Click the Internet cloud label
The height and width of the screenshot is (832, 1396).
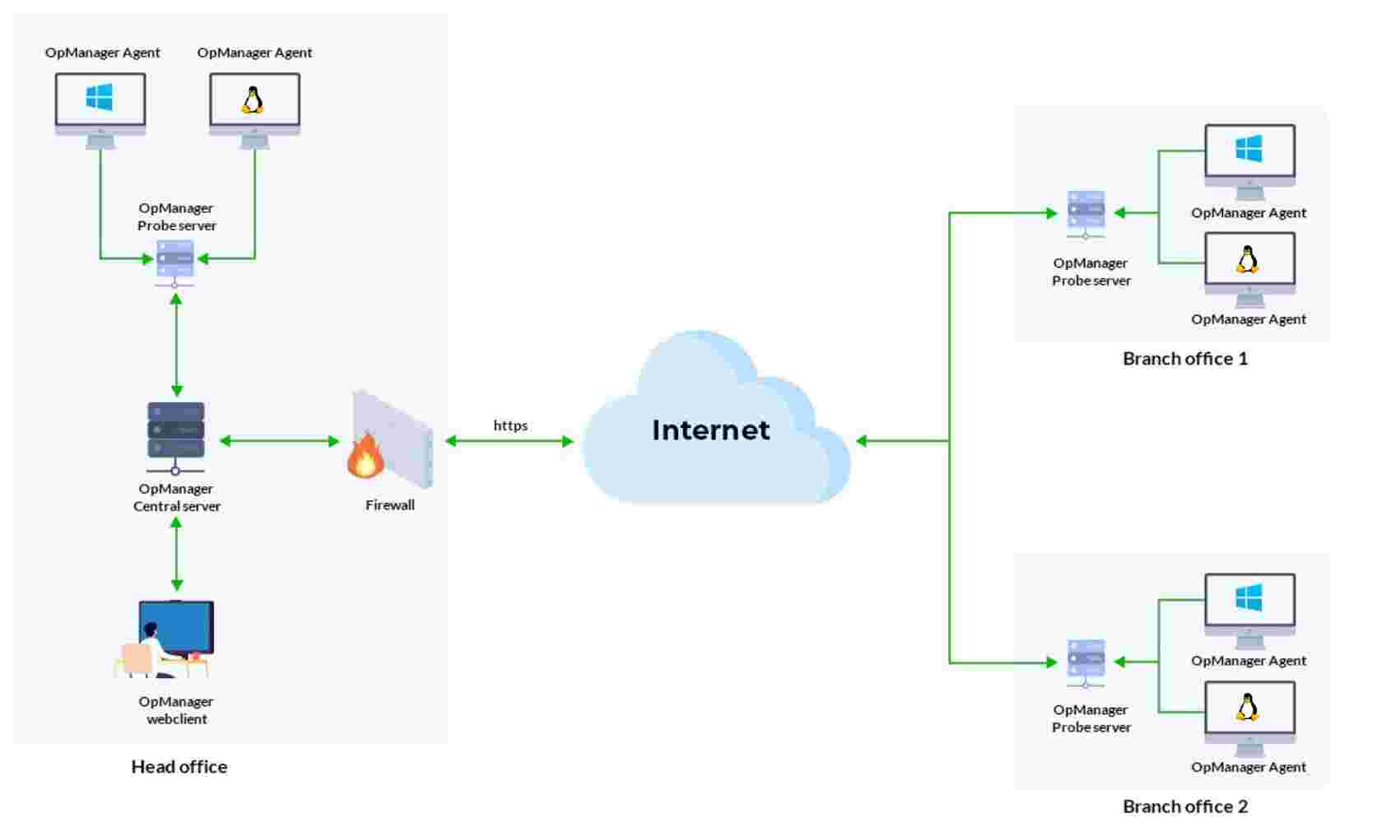[x=710, y=430]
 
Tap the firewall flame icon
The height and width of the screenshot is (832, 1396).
[x=365, y=457]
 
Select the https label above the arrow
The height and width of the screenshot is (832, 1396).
[x=510, y=425]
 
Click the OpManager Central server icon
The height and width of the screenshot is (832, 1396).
[x=175, y=432]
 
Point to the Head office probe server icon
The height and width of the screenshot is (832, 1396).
[x=174, y=261]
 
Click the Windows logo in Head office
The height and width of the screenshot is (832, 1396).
[x=100, y=98]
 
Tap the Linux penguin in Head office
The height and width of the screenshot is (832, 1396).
[x=253, y=100]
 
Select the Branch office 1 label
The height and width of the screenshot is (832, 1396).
[x=1184, y=359]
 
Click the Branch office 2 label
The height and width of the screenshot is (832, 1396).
[x=1184, y=806]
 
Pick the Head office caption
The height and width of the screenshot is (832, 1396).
[x=179, y=767]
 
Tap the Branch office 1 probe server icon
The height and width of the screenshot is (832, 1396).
[x=1086, y=212]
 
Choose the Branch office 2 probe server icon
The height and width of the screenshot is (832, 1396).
[x=1086, y=662]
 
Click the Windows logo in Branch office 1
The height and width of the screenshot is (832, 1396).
[x=1249, y=149]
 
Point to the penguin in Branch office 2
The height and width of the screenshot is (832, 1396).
[x=1248, y=707]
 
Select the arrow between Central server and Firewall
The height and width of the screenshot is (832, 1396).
[x=280, y=441]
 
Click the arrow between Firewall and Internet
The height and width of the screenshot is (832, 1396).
[x=510, y=441]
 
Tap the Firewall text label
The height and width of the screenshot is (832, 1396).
[x=389, y=505]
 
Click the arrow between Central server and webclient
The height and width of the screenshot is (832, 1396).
[x=176, y=555]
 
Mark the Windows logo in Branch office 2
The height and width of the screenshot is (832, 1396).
[x=1249, y=597]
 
